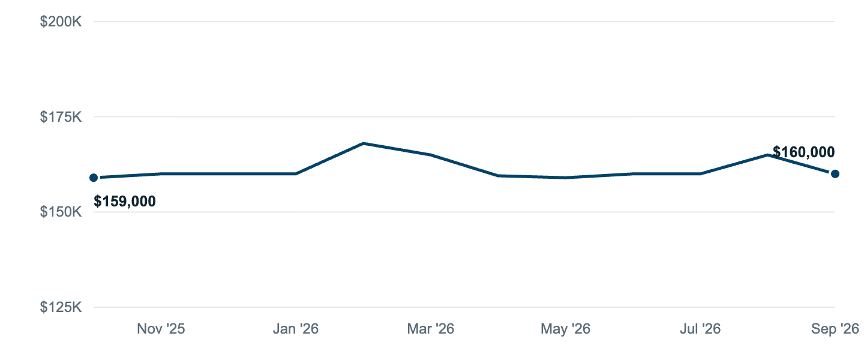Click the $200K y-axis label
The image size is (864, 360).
click(x=61, y=22)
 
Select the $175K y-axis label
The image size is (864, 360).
click(x=61, y=116)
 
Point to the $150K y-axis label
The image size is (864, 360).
click(x=61, y=212)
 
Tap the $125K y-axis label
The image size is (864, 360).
click(x=61, y=307)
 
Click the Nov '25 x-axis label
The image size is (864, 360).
click(x=161, y=329)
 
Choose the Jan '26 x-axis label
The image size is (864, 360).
click(x=295, y=329)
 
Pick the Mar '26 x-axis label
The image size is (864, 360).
click(x=430, y=329)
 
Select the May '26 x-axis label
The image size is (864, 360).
click(x=565, y=329)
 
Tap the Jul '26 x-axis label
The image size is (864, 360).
click(x=700, y=329)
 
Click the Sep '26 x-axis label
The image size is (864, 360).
click(x=835, y=329)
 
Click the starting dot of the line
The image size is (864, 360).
click(x=94, y=178)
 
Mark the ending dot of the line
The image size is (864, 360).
click(x=835, y=174)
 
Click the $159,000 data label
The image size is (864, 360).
click(x=125, y=201)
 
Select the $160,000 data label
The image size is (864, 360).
click(x=804, y=152)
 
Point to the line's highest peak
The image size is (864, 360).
click(x=364, y=143)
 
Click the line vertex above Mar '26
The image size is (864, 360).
click(x=430, y=155)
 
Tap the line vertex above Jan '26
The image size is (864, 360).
click(x=295, y=174)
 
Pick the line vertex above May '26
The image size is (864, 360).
click(x=565, y=178)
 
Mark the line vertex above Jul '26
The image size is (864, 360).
click(x=700, y=174)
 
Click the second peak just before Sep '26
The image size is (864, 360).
click(x=767, y=155)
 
